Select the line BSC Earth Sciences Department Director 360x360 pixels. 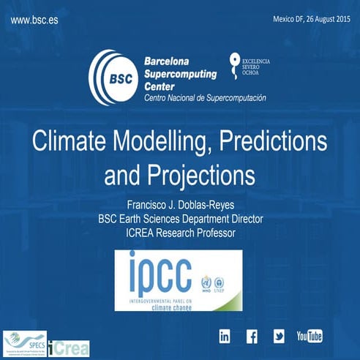179,219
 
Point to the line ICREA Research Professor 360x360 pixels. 179,233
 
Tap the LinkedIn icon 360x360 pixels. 225,337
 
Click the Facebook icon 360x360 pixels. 252,337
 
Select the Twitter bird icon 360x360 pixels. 279,337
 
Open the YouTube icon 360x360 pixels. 309,337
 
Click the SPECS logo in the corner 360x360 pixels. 24,342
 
